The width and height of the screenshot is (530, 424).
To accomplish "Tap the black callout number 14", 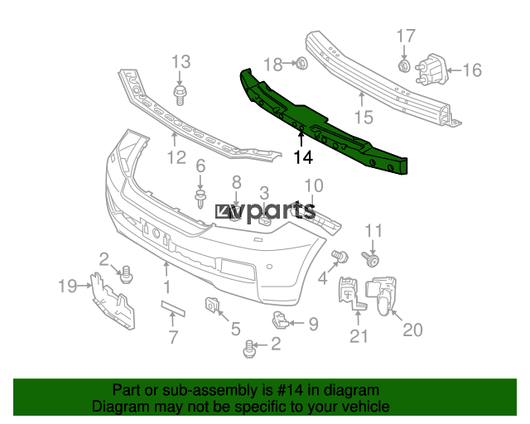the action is (303, 157).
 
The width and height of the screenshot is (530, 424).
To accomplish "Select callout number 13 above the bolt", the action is (181, 62).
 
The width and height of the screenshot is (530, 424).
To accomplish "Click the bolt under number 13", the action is (180, 95).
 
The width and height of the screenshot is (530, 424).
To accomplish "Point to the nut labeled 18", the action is (301, 63).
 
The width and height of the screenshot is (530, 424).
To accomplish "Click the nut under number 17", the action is (404, 65).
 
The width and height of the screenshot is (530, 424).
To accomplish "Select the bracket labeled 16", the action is (432, 70).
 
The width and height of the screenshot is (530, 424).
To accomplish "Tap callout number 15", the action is (364, 118).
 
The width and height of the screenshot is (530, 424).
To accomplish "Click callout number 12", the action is (177, 157).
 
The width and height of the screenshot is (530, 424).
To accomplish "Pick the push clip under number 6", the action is (200, 200).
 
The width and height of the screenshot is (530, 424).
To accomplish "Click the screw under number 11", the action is (371, 259).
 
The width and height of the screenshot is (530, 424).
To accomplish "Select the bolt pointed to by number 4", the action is (340, 256).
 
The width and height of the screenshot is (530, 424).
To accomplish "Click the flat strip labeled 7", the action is (173, 308).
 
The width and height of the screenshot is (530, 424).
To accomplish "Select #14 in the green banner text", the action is (290, 391).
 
